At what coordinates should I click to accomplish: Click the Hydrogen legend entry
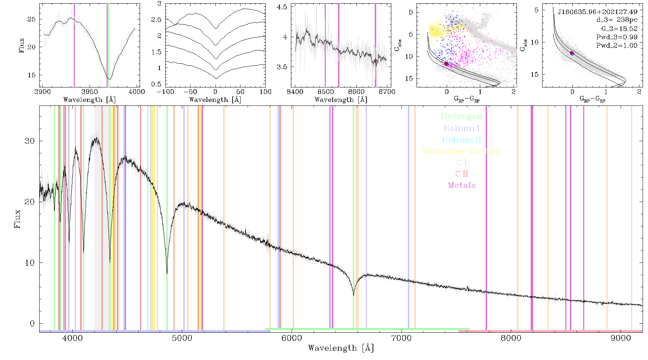click(x=461, y=116)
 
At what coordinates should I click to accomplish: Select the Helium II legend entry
click(x=462, y=140)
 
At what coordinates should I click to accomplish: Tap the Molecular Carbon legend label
click(x=462, y=151)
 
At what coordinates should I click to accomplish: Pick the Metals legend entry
click(x=462, y=185)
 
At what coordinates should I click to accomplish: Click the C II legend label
click(x=462, y=174)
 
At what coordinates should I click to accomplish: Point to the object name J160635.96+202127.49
click(x=598, y=12)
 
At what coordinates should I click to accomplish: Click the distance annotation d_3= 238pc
click(x=617, y=20)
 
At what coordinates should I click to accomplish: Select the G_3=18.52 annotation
click(x=619, y=28)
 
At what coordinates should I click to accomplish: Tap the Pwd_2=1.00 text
click(x=617, y=45)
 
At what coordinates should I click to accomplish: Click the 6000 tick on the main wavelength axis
click(x=292, y=338)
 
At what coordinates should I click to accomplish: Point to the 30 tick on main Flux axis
click(x=30, y=141)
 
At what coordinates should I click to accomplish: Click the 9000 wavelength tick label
click(x=621, y=338)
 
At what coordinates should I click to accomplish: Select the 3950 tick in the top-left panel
click(x=90, y=91)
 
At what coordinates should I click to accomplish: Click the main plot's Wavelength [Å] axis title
click(x=341, y=348)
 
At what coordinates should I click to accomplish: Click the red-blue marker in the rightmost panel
click(x=572, y=53)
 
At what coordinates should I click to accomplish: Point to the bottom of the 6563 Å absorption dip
click(x=354, y=295)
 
